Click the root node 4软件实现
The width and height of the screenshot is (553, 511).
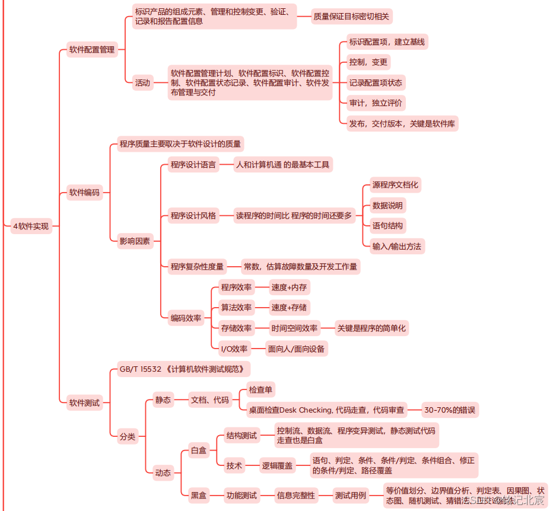(x=31, y=226)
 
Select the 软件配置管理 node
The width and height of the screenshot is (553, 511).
(x=91, y=50)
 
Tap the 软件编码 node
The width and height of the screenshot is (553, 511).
(x=84, y=192)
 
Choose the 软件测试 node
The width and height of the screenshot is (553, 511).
(x=84, y=403)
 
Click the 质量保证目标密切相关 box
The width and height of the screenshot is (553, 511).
(x=351, y=16)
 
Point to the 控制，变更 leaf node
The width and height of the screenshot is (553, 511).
(x=368, y=62)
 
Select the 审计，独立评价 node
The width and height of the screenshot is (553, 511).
(x=375, y=103)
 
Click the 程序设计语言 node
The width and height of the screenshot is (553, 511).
(x=193, y=165)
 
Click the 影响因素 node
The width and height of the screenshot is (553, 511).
(x=135, y=241)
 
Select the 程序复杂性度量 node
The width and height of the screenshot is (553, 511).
(x=197, y=267)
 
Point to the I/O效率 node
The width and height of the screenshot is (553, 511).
(x=234, y=349)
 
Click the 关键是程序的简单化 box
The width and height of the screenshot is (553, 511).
(x=371, y=328)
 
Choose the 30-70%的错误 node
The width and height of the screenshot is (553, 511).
(x=450, y=410)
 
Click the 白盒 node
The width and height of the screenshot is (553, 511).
(x=198, y=451)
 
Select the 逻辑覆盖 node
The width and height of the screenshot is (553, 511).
(x=278, y=466)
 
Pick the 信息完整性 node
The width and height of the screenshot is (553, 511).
(x=295, y=495)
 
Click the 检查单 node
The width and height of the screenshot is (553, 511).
(x=261, y=390)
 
